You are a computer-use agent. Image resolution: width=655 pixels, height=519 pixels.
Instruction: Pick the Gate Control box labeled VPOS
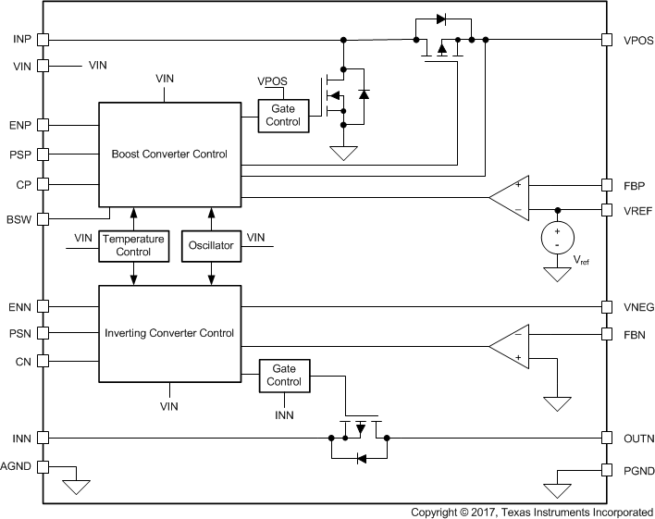pos(286,115)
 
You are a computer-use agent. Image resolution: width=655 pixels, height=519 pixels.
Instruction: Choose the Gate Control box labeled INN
pos(286,375)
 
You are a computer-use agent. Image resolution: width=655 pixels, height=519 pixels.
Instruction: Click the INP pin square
pos(43,39)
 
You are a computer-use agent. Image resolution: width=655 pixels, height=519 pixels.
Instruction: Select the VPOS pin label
pos(638,40)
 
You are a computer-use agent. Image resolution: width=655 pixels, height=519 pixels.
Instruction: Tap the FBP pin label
pos(634,185)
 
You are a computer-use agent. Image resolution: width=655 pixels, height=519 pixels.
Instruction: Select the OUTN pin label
pos(637,438)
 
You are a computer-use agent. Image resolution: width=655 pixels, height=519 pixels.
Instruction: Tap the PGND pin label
pos(638,471)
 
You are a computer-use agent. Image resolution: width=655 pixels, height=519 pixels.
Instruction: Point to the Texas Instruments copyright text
pos(532,511)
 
